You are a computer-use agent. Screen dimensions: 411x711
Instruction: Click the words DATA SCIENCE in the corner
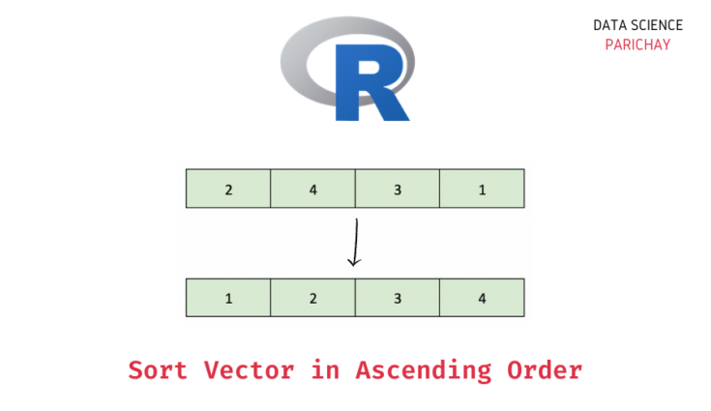(x=637, y=26)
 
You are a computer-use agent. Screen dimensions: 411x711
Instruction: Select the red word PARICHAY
(x=637, y=44)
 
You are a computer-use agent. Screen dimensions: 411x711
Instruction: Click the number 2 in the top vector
(x=228, y=190)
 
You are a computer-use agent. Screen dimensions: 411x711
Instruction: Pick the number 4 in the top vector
(x=312, y=190)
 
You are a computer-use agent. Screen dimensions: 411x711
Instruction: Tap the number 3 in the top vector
(x=398, y=190)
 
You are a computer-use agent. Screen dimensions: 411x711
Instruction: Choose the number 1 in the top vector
(x=482, y=190)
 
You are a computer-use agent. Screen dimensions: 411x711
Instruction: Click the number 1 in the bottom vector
(x=228, y=299)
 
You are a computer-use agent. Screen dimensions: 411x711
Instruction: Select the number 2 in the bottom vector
(x=312, y=299)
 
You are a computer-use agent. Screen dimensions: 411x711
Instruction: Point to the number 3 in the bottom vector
(x=398, y=299)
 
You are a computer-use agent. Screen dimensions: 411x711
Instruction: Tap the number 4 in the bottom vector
(x=482, y=299)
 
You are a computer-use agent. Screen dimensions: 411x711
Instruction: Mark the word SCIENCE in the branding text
(x=657, y=26)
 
